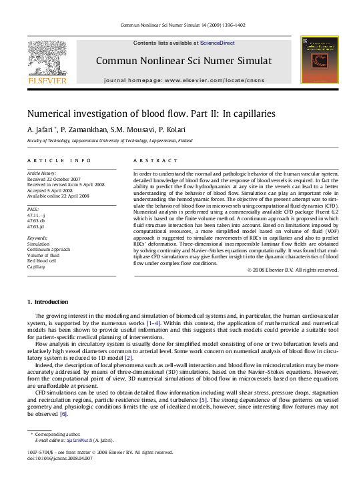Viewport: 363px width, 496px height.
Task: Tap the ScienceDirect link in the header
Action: (218, 43)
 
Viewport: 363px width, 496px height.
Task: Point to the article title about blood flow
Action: (150, 113)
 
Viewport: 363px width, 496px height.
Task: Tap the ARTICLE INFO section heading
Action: (59, 161)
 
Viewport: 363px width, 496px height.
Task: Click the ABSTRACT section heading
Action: (155, 161)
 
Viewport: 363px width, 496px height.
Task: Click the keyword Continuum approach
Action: (48, 249)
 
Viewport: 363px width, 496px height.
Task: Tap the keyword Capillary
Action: (37, 266)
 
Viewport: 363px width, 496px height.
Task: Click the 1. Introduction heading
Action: (47, 302)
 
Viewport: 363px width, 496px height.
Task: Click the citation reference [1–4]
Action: (153, 323)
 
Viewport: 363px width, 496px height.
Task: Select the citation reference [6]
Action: (63, 395)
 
